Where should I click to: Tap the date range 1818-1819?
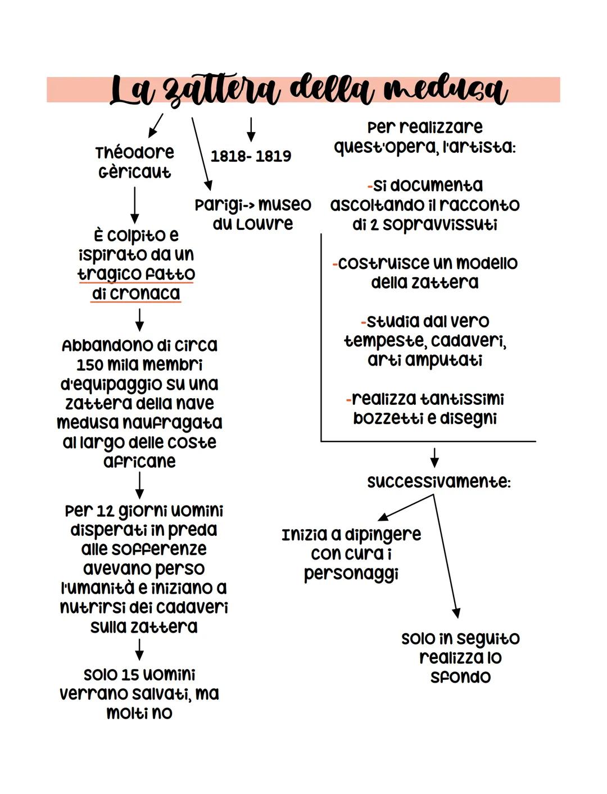251,156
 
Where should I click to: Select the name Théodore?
135,152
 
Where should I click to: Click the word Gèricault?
135,172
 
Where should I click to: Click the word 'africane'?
140,462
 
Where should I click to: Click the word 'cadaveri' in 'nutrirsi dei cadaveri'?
192,607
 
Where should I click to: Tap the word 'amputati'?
425,360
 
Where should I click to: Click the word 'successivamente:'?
439,482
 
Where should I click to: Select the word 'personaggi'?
351,574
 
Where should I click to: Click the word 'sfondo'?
461,676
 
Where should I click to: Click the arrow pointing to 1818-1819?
251,129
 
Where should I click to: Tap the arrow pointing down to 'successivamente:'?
434,457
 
